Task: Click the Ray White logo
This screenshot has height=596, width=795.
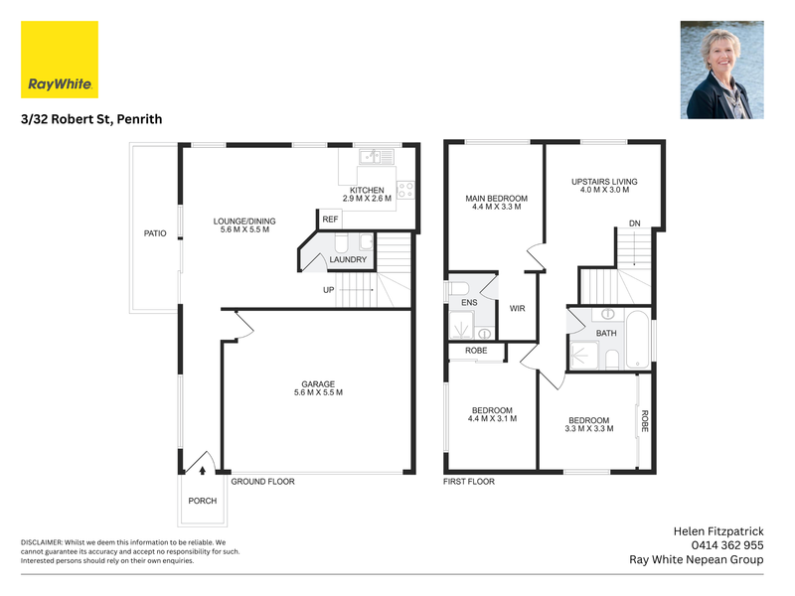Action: [x=60, y=60]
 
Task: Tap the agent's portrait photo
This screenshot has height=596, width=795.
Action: [x=722, y=70]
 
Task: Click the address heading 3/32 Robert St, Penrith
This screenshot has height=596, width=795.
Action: [x=91, y=119]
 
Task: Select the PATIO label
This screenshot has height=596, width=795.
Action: [x=155, y=233]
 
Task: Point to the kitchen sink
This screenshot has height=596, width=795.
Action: [x=377, y=157]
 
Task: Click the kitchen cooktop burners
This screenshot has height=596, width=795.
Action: [x=405, y=190]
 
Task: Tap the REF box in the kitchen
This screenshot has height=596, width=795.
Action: [x=330, y=219]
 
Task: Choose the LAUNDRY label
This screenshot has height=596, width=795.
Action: [x=348, y=259]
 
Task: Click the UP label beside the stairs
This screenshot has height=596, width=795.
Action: [x=329, y=290]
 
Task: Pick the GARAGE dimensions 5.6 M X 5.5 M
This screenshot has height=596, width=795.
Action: [x=318, y=392]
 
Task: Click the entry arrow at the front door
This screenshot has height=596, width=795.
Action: [x=203, y=471]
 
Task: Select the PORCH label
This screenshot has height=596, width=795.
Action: [x=203, y=501]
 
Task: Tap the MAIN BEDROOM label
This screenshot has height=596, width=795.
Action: [x=496, y=199]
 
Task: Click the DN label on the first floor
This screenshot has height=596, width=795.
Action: [x=635, y=223]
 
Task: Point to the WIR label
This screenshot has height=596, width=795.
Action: [x=517, y=309]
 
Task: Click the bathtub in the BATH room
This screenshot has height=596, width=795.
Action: [x=637, y=339]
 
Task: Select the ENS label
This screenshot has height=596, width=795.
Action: [x=469, y=303]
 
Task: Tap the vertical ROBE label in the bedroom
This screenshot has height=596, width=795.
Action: [x=644, y=420]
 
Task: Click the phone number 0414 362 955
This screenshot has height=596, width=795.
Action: [x=727, y=545]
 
